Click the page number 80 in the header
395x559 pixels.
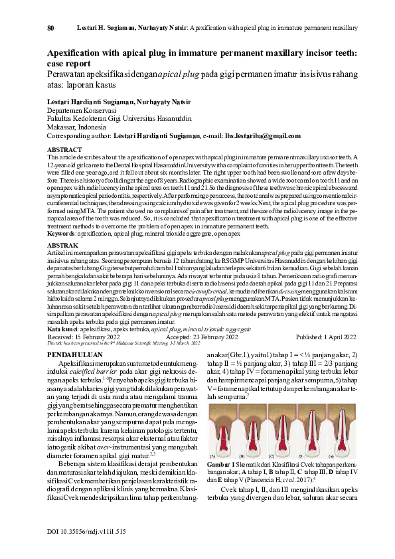tap(50, 29)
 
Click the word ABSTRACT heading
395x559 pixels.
tap(64, 150)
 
